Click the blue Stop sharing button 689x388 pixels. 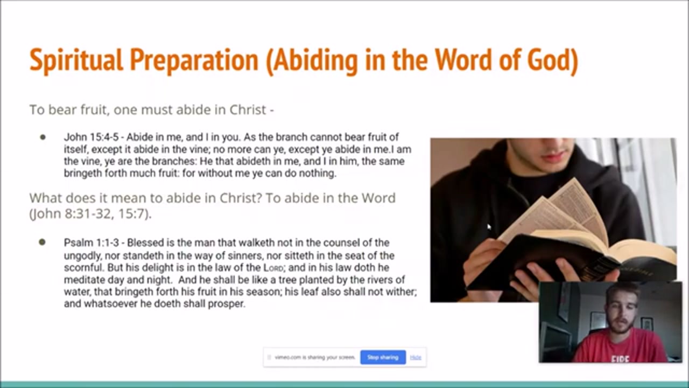click(383, 357)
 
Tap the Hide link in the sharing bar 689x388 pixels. click(416, 357)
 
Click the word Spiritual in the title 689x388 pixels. click(76, 60)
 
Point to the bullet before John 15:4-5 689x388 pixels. click(43, 137)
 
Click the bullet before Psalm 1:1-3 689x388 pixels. click(42, 242)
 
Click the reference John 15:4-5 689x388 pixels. click(91, 137)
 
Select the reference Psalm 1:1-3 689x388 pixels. click(92, 243)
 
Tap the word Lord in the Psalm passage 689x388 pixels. click(273, 268)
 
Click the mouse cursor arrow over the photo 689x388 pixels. click(489, 227)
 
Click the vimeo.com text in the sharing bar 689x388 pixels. click(315, 357)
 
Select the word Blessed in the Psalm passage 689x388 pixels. click(145, 243)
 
